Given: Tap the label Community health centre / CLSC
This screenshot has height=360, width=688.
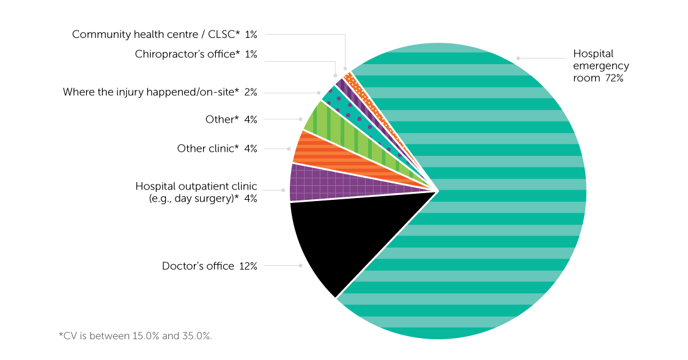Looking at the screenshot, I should [156, 34].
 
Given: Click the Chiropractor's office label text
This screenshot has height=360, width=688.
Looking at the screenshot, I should [187, 54].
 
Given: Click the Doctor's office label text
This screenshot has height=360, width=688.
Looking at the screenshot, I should [198, 266].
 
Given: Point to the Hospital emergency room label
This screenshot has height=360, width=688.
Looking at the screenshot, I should [601, 66].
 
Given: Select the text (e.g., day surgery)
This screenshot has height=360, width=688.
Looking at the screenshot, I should [194, 199].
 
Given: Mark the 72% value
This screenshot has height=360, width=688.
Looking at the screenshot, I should [613, 78].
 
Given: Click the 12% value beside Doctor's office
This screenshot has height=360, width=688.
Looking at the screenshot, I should [248, 266].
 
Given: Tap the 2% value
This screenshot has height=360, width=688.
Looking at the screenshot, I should [250, 92].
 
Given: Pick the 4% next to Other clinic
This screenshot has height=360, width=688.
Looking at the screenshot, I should [250, 149].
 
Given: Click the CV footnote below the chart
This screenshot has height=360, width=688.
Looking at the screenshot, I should [135, 336].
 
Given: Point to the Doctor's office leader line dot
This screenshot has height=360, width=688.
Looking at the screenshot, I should [300, 265].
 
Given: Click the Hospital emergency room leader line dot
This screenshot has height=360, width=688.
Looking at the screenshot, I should [518, 58].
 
